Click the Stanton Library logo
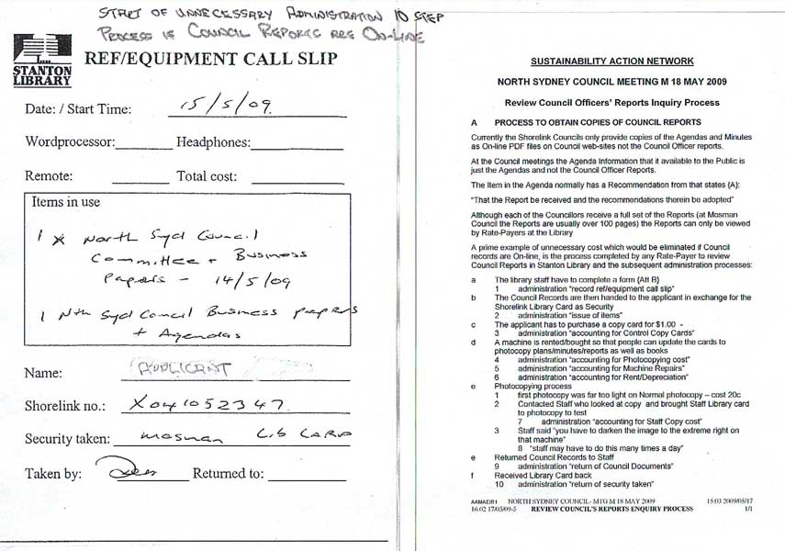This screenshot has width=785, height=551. [x=42, y=61]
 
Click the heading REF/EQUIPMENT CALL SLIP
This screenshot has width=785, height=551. [x=210, y=60]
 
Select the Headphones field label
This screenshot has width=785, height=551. [x=211, y=142]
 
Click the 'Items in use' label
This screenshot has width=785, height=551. [x=66, y=202]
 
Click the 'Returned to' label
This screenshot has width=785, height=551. [x=227, y=474]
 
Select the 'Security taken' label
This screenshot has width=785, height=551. [x=69, y=439]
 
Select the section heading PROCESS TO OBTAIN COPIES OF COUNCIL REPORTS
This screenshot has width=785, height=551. [x=597, y=122]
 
